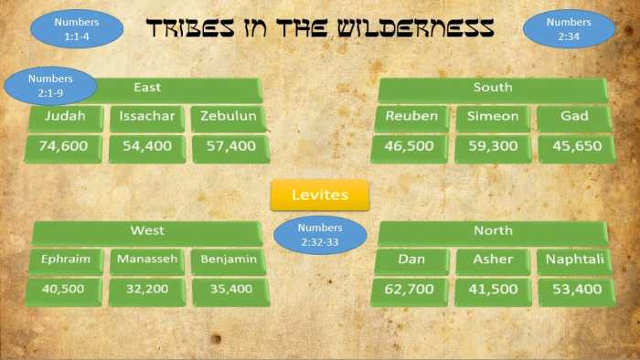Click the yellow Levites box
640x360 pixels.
point(319,195)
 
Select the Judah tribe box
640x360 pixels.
point(65,118)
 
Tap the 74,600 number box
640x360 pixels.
point(65,147)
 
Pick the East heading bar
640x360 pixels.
point(174,89)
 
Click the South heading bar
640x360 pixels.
point(492,89)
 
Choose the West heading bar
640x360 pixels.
point(146,232)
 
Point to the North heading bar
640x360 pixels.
point(492,232)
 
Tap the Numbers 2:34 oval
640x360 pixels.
point(568,27)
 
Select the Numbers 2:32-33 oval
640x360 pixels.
point(320,234)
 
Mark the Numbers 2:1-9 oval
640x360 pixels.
point(51,86)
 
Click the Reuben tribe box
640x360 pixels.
point(411,118)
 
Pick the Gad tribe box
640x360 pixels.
point(575,118)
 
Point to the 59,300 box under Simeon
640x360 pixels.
point(492,147)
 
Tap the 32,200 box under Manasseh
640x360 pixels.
point(147,291)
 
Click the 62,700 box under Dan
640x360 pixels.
point(411,291)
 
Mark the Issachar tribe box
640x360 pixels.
point(147,118)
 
